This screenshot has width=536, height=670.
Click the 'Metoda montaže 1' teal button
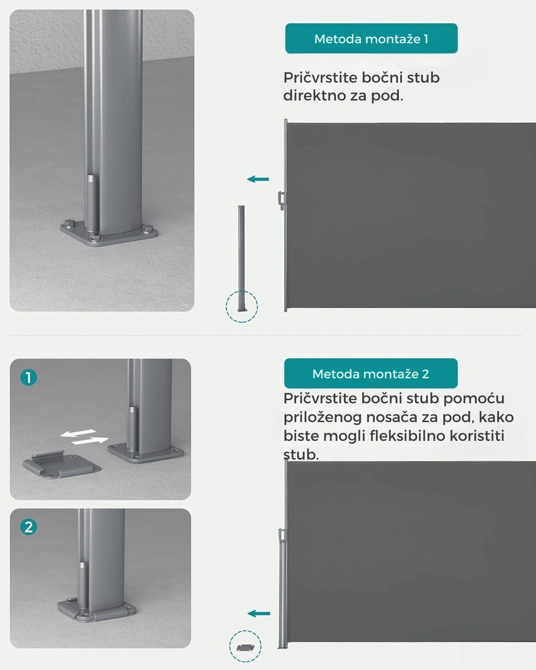(x=371, y=38)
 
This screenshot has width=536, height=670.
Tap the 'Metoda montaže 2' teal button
(x=371, y=373)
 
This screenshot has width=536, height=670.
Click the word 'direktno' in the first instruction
(x=314, y=95)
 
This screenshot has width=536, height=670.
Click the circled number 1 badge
(x=29, y=377)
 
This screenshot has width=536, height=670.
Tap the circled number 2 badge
(x=29, y=527)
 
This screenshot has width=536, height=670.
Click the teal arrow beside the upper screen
(x=258, y=179)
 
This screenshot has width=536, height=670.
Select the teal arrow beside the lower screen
(x=259, y=613)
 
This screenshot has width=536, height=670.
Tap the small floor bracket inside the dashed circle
(x=245, y=648)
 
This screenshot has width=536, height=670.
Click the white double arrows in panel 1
(x=84, y=436)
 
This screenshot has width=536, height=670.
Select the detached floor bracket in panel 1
(x=61, y=464)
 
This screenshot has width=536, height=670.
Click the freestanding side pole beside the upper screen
(x=242, y=259)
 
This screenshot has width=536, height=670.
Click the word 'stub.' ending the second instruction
(x=301, y=455)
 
